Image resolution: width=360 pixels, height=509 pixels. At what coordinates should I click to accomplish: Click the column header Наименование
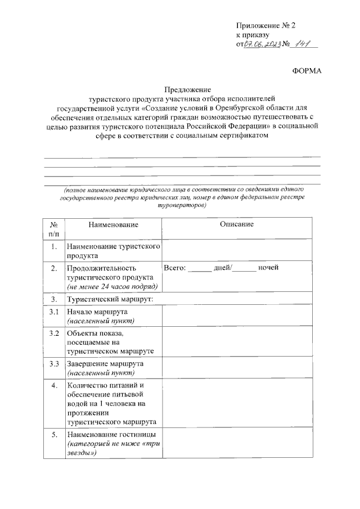[x=112, y=225]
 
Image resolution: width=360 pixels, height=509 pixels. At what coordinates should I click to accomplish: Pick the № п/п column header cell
[x=53, y=229]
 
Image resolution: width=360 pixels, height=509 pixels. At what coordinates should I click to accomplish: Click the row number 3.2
[x=53, y=334]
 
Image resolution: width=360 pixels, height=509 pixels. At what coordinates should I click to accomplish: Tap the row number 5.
[x=53, y=435]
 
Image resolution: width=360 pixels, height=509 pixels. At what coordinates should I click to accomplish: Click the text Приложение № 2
[x=265, y=26]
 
